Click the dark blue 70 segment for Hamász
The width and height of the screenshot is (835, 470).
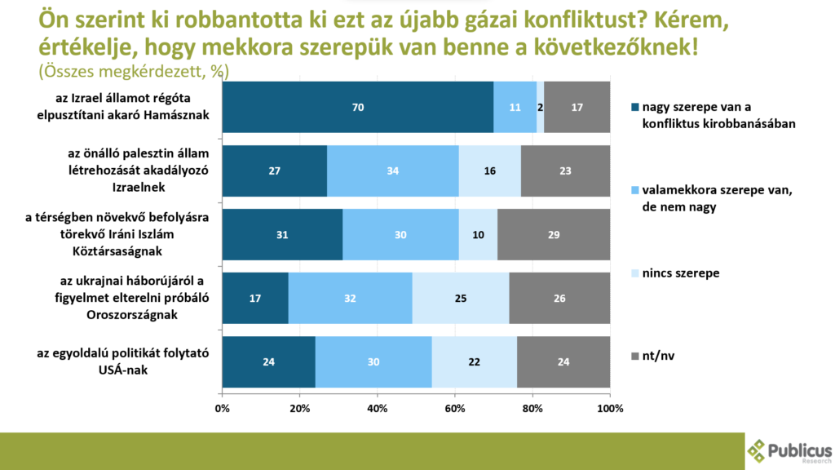pos(357,107)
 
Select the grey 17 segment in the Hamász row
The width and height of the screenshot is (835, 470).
pos(577,107)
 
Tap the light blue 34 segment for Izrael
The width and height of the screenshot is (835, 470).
pos(392,171)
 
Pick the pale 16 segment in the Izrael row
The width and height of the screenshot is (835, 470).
pos(489,171)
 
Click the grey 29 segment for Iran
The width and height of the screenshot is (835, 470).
pos(554,234)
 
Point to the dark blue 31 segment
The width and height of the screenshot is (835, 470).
pos(281,234)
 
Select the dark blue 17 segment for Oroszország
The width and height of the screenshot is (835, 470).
pos(254,298)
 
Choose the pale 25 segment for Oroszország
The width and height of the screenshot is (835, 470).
pos(460,298)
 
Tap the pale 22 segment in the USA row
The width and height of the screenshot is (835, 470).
pos(474,361)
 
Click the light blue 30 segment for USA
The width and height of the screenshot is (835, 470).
pos(373,361)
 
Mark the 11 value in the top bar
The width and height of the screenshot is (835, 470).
pos(515,107)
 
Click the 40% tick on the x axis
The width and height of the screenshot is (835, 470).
pos(377,408)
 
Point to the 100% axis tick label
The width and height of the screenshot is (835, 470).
pos(610,408)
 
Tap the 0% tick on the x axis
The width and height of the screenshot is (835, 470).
pos(222,408)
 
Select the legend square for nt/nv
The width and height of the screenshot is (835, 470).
pos(634,357)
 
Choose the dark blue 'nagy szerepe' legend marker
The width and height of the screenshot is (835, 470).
pos(634,107)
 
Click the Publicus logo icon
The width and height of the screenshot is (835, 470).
pos(758,450)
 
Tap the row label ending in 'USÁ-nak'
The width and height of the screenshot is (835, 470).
pos(123,361)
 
